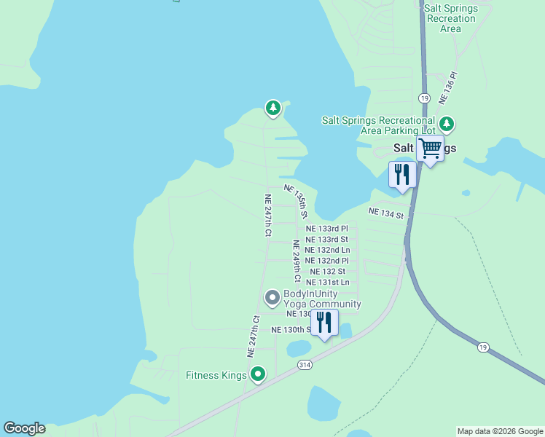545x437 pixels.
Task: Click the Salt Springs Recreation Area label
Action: click(450, 17)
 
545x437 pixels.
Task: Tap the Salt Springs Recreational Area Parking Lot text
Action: click(378, 125)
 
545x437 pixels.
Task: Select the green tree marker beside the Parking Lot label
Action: click(446, 125)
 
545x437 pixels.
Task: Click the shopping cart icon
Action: click(430, 148)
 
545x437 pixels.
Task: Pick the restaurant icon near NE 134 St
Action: click(402, 174)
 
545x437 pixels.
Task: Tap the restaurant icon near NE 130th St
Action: click(324, 321)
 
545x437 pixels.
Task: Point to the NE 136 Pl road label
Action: click(447, 87)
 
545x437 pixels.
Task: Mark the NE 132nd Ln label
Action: click(327, 250)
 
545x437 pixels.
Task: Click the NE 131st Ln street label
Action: click(328, 282)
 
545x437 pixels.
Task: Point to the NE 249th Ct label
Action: click(297, 261)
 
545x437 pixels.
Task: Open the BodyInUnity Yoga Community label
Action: click(322, 299)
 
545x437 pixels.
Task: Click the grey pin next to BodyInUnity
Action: click(272, 297)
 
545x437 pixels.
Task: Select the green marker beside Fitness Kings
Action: click(257, 375)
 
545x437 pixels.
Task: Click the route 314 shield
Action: click(305, 365)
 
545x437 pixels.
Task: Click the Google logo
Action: click(24, 428)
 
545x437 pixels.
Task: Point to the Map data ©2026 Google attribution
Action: click(500, 431)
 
